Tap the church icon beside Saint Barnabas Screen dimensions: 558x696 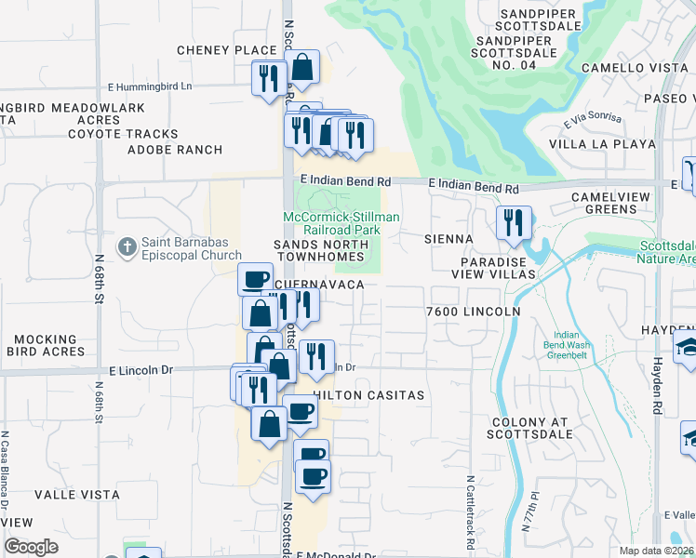point(127,246)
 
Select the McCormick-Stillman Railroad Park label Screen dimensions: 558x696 point(341,223)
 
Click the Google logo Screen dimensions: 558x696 point(31,547)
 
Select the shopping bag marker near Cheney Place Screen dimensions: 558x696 point(301,67)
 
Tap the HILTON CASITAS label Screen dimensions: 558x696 point(369,395)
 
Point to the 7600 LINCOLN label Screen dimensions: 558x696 point(472,311)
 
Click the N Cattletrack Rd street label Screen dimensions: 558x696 point(471,501)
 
